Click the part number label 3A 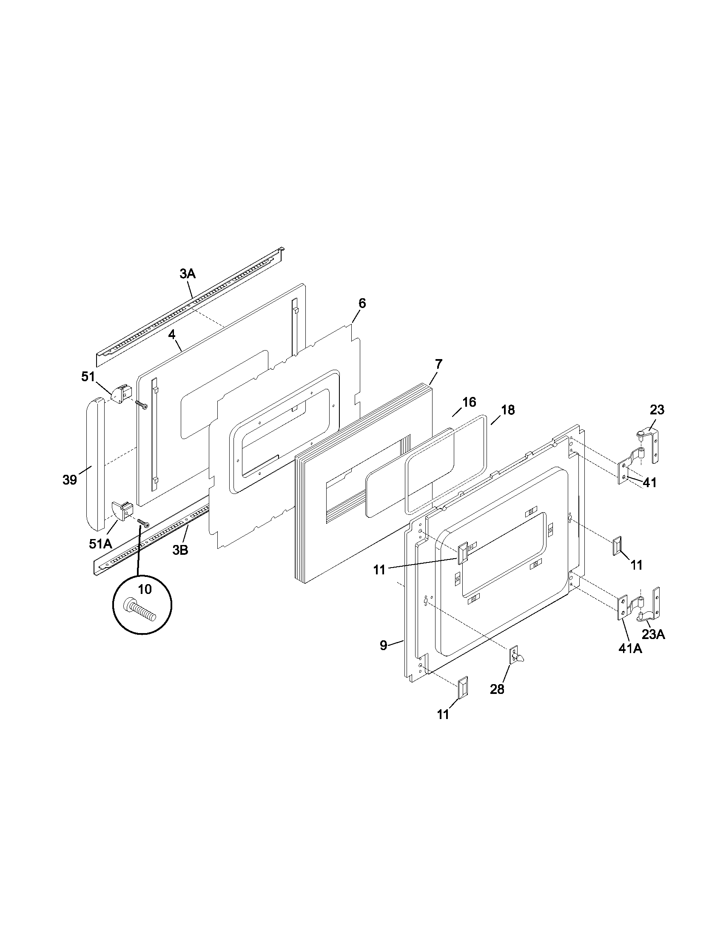point(188,274)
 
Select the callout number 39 point(70,480)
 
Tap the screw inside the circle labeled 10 point(139,610)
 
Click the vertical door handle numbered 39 point(96,463)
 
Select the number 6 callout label point(362,303)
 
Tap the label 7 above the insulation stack point(438,364)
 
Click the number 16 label point(469,402)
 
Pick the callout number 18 point(507,410)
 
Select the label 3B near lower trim point(180,550)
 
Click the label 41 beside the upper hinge point(650,482)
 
